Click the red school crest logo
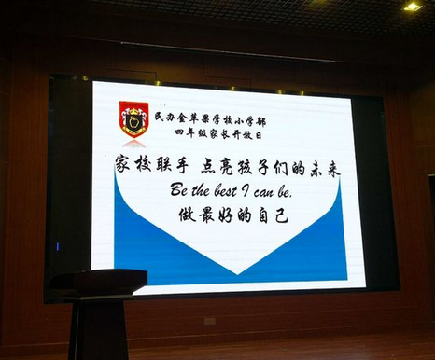133,118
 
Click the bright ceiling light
412,7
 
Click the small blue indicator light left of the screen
58,246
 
